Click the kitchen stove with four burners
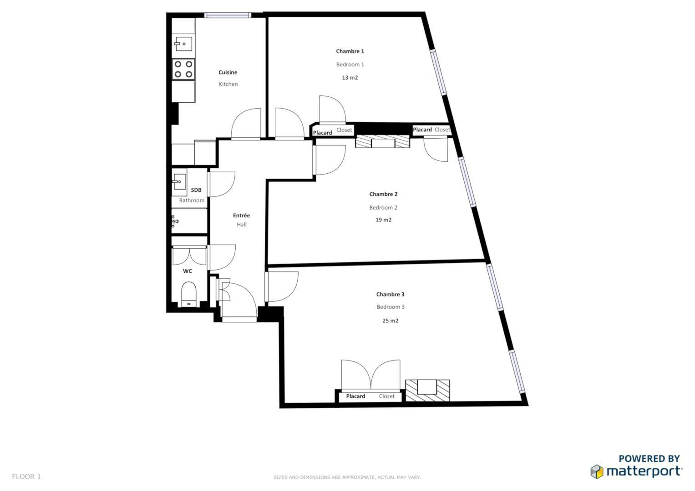(x=183, y=69)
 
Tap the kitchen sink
(x=183, y=43)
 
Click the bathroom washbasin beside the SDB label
(x=179, y=182)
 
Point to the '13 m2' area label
(x=350, y=77)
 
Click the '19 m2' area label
(x=384, y=220)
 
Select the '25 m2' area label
(x=391, y=321)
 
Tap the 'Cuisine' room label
(x=228, y=72)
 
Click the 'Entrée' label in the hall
(x=241, y=215)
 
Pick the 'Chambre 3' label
(x=391, y=294)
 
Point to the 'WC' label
(x=188, y=271)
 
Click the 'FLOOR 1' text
(x=26, y=476)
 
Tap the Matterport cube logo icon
(x=597, y=471)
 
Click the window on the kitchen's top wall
(x=228, y=15)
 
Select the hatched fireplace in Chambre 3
(x=427, y=390)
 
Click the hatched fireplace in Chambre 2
(x=383, y=141)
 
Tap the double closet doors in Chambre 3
(x=371, y=374)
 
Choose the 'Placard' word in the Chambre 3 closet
(x=355, y=396)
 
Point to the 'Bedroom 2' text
(x=383, y=207)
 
